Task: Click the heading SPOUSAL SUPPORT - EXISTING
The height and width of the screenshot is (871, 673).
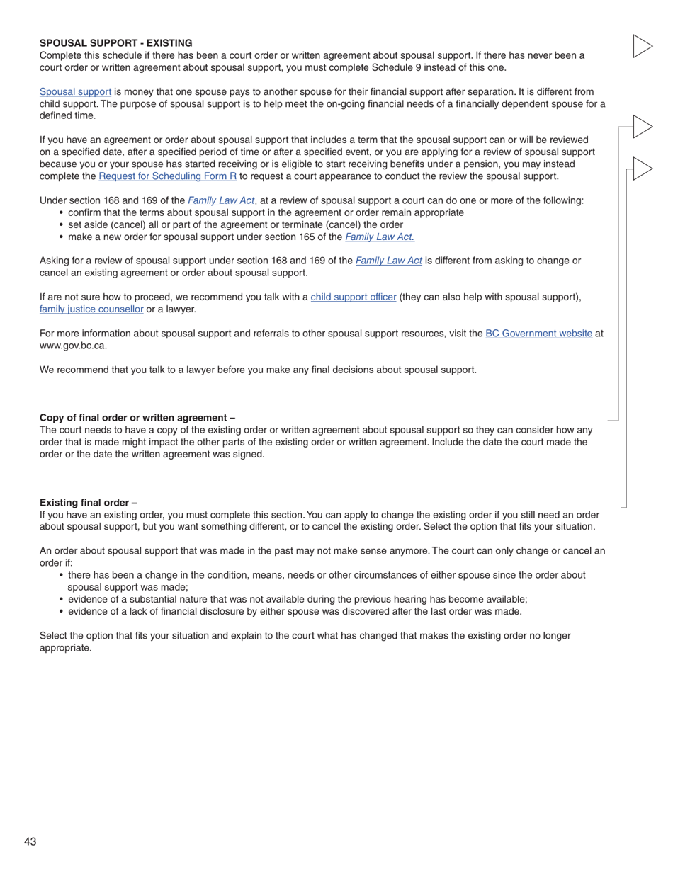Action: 115,43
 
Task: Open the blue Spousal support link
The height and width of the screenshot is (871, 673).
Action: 75,92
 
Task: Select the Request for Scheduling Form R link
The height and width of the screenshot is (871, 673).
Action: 167,176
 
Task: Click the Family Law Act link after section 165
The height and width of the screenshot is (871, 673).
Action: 380,237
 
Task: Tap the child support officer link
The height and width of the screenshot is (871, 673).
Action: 353,297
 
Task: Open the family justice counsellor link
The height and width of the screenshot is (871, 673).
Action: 91,309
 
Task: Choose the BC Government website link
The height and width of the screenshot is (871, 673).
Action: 538,334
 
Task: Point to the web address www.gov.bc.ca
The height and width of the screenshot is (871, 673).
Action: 73,346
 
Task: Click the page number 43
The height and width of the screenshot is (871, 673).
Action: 30,841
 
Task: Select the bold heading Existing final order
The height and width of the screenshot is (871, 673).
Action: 88,503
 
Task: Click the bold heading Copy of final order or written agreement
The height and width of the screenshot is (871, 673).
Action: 137,418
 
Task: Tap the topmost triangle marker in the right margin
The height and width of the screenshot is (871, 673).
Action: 642,46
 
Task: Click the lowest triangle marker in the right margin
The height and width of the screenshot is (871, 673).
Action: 642,169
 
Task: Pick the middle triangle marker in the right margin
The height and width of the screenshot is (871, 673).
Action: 642,127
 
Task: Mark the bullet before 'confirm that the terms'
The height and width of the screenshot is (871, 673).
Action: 62,213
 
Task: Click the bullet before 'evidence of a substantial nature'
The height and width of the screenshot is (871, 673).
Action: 62,600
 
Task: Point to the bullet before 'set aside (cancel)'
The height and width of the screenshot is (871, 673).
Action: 62,225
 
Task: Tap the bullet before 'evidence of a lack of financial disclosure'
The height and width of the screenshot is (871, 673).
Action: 62,612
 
